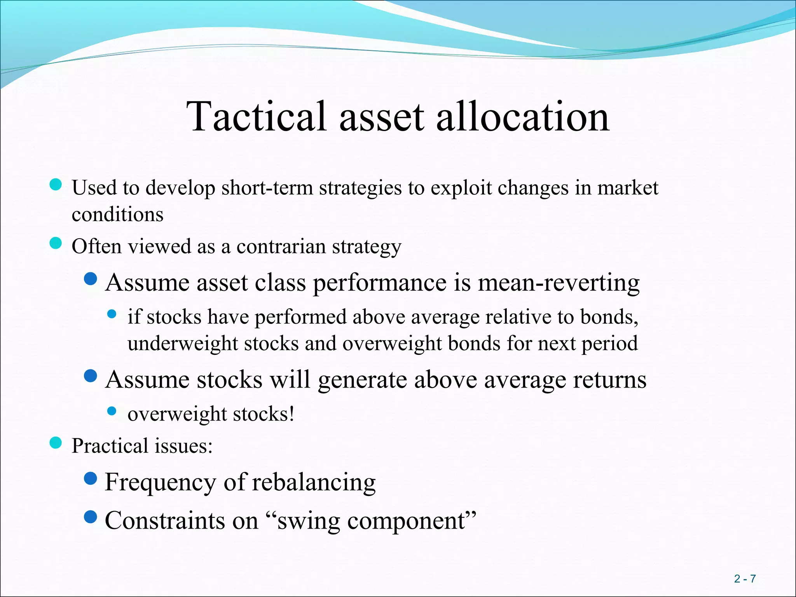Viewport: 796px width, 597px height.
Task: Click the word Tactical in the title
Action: pos(257,116)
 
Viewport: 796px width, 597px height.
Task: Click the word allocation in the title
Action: pos(522,116)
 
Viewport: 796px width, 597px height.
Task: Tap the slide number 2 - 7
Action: pos(745,579)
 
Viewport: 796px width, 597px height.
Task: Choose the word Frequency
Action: pos(160,482)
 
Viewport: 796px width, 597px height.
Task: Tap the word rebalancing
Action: pos(314,482)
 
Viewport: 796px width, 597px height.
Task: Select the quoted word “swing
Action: pos(303,521)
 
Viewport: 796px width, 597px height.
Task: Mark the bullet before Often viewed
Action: pos(56,244)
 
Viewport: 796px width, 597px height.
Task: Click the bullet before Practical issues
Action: pos(56,443)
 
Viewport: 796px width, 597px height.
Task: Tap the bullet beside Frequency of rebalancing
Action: pos(91,478)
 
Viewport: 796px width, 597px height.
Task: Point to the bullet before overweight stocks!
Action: pos(112,411)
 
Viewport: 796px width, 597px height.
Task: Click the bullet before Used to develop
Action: pos(56,185)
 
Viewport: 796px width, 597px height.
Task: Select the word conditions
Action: pos(117,215)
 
